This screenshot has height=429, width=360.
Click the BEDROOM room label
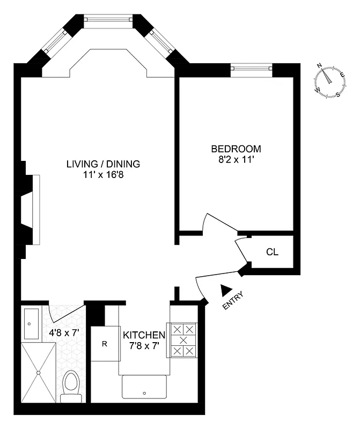pos(236,149)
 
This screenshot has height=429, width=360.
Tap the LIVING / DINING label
pos(103,164)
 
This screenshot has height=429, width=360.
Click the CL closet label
pos(273,252)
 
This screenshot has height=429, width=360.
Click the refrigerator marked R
pos(105,343)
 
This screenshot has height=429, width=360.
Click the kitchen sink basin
pos(144,387)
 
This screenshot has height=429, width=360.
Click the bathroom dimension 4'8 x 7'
pos(64,332)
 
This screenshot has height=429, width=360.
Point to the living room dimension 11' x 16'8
pos(103,174)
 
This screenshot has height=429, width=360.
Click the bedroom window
pos(251,68)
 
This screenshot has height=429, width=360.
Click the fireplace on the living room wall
pos(30,209)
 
